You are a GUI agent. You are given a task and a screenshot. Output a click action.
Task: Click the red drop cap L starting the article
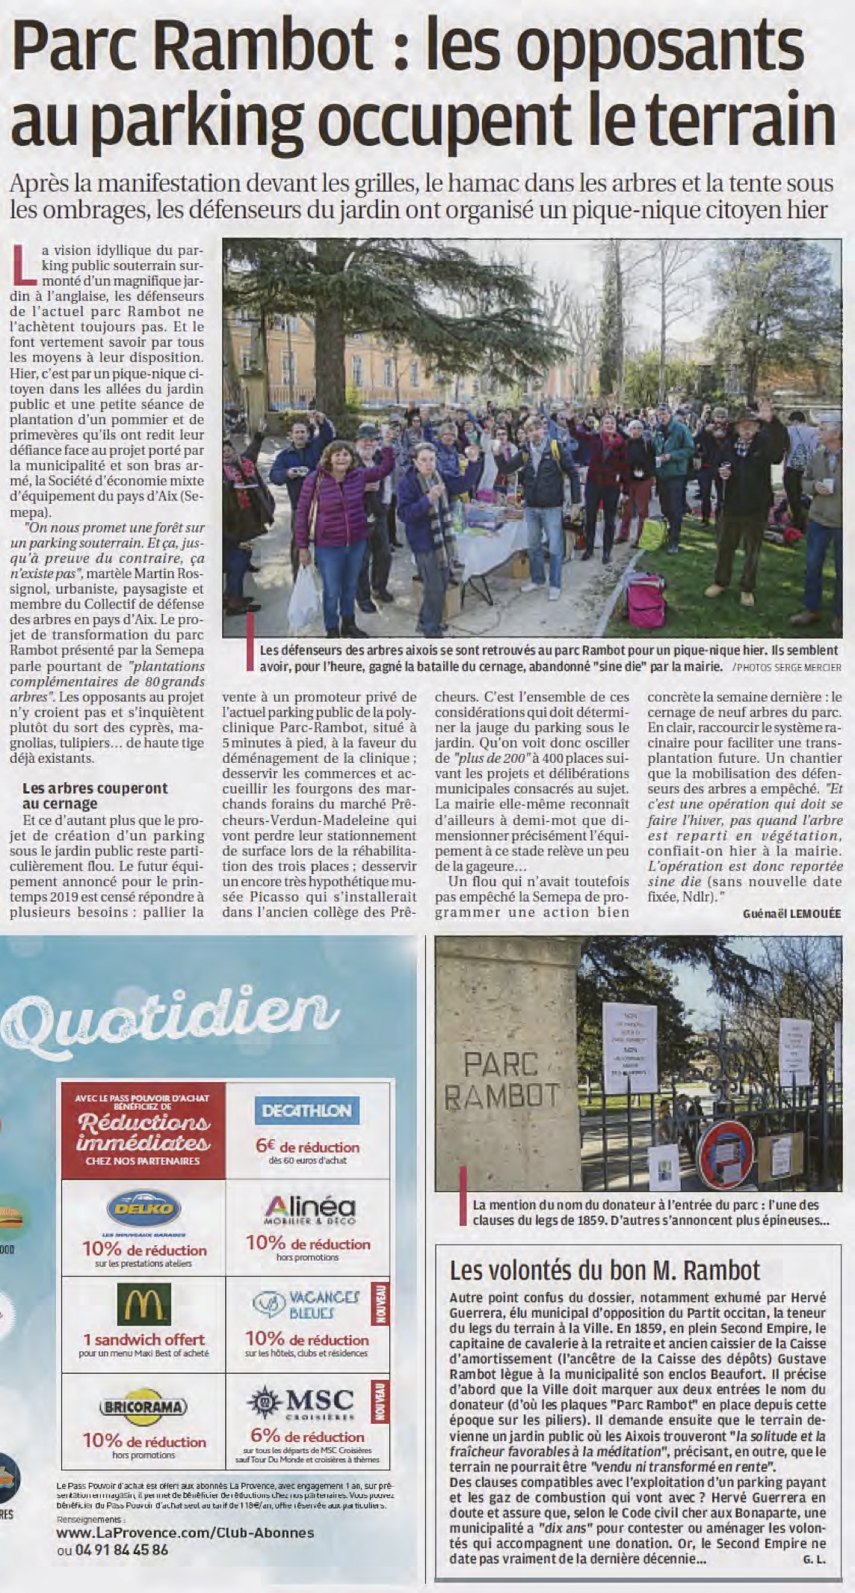[x=25, y=265]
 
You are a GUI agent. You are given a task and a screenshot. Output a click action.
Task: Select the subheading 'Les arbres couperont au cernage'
[x=95, y=796]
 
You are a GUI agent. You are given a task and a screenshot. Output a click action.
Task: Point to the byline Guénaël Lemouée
[x=792, y=913]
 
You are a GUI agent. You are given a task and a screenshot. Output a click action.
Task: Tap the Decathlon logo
[x=306, y=1111]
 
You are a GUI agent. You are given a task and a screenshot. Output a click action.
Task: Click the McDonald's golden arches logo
[x=143, y=1305]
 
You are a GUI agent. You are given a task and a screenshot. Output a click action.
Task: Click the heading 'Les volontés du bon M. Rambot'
[x=604, y=1269]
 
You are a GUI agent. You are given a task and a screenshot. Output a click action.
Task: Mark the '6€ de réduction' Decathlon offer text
[x=306, y=1147]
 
